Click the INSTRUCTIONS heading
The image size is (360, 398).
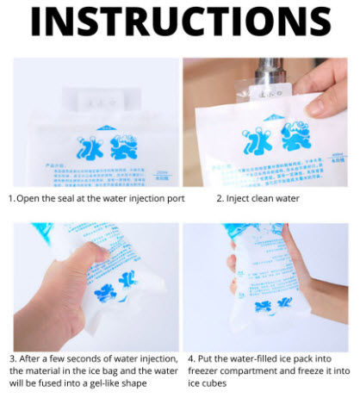coord(180,22)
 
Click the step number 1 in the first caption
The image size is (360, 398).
coord(12,198)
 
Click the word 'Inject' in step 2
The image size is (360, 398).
coord(241,198)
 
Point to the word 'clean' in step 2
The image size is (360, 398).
coord(272,198)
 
